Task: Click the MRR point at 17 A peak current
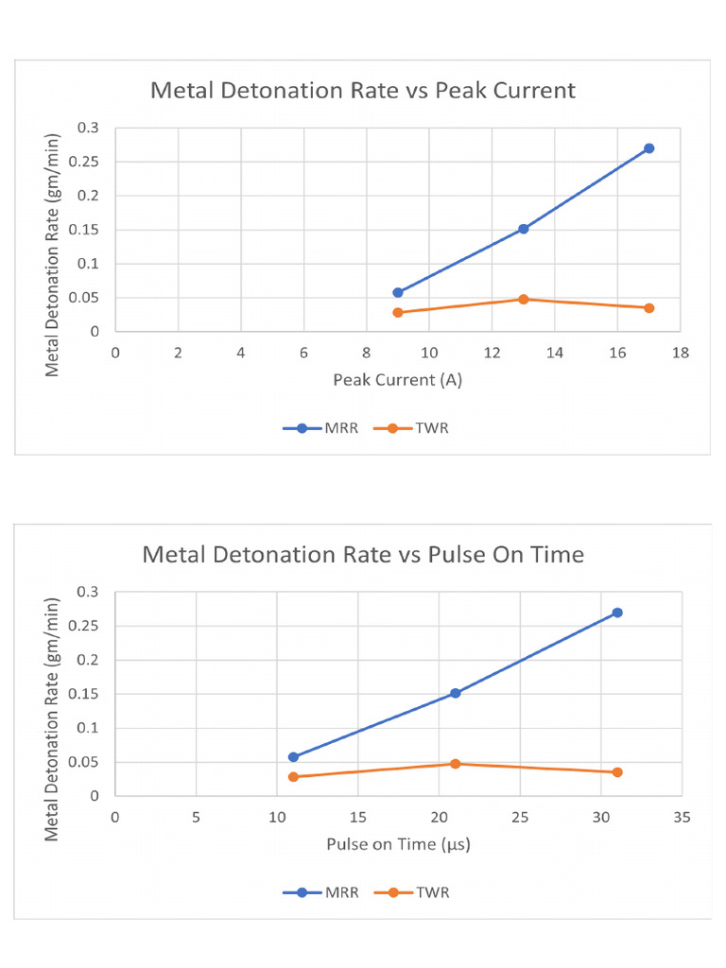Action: [x=648, y=148]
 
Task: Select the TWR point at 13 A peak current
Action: [x=523, y=299]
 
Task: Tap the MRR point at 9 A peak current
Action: [x=398, y=293]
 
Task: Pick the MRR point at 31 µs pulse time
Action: [x=617, y=613]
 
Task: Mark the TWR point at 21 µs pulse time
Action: [x=455, y=764]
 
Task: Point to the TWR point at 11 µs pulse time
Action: [x=293, y=777]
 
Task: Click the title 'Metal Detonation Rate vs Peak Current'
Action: [x=363, y=91]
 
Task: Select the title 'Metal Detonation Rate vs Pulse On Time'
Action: [x=363, y=554]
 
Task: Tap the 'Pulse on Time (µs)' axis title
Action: [x=398, y=843]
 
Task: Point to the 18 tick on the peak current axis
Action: [x=680, y=353]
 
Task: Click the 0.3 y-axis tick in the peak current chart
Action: [x=92, y=128]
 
